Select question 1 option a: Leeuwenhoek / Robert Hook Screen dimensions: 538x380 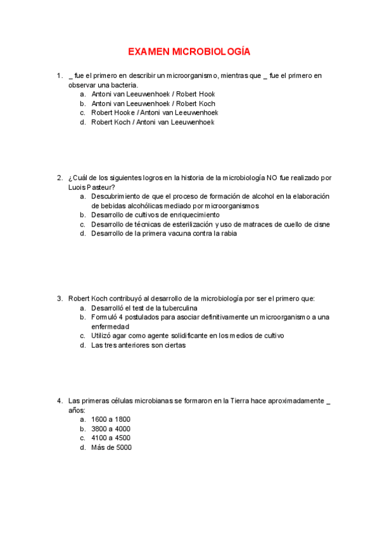click(x=153, y=94)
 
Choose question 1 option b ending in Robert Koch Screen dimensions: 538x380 click(x=153, y=103)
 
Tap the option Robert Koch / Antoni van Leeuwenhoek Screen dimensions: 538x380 click(x=153, y=122)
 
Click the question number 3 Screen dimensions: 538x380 click(x=59, y=298)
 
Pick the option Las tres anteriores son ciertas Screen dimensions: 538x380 click(x=139, y=345)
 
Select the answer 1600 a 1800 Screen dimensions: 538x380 click(x=111, y=419)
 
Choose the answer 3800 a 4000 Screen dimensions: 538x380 click(x=111, y=429)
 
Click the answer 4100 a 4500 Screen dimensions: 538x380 click(x=111, y=438)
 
